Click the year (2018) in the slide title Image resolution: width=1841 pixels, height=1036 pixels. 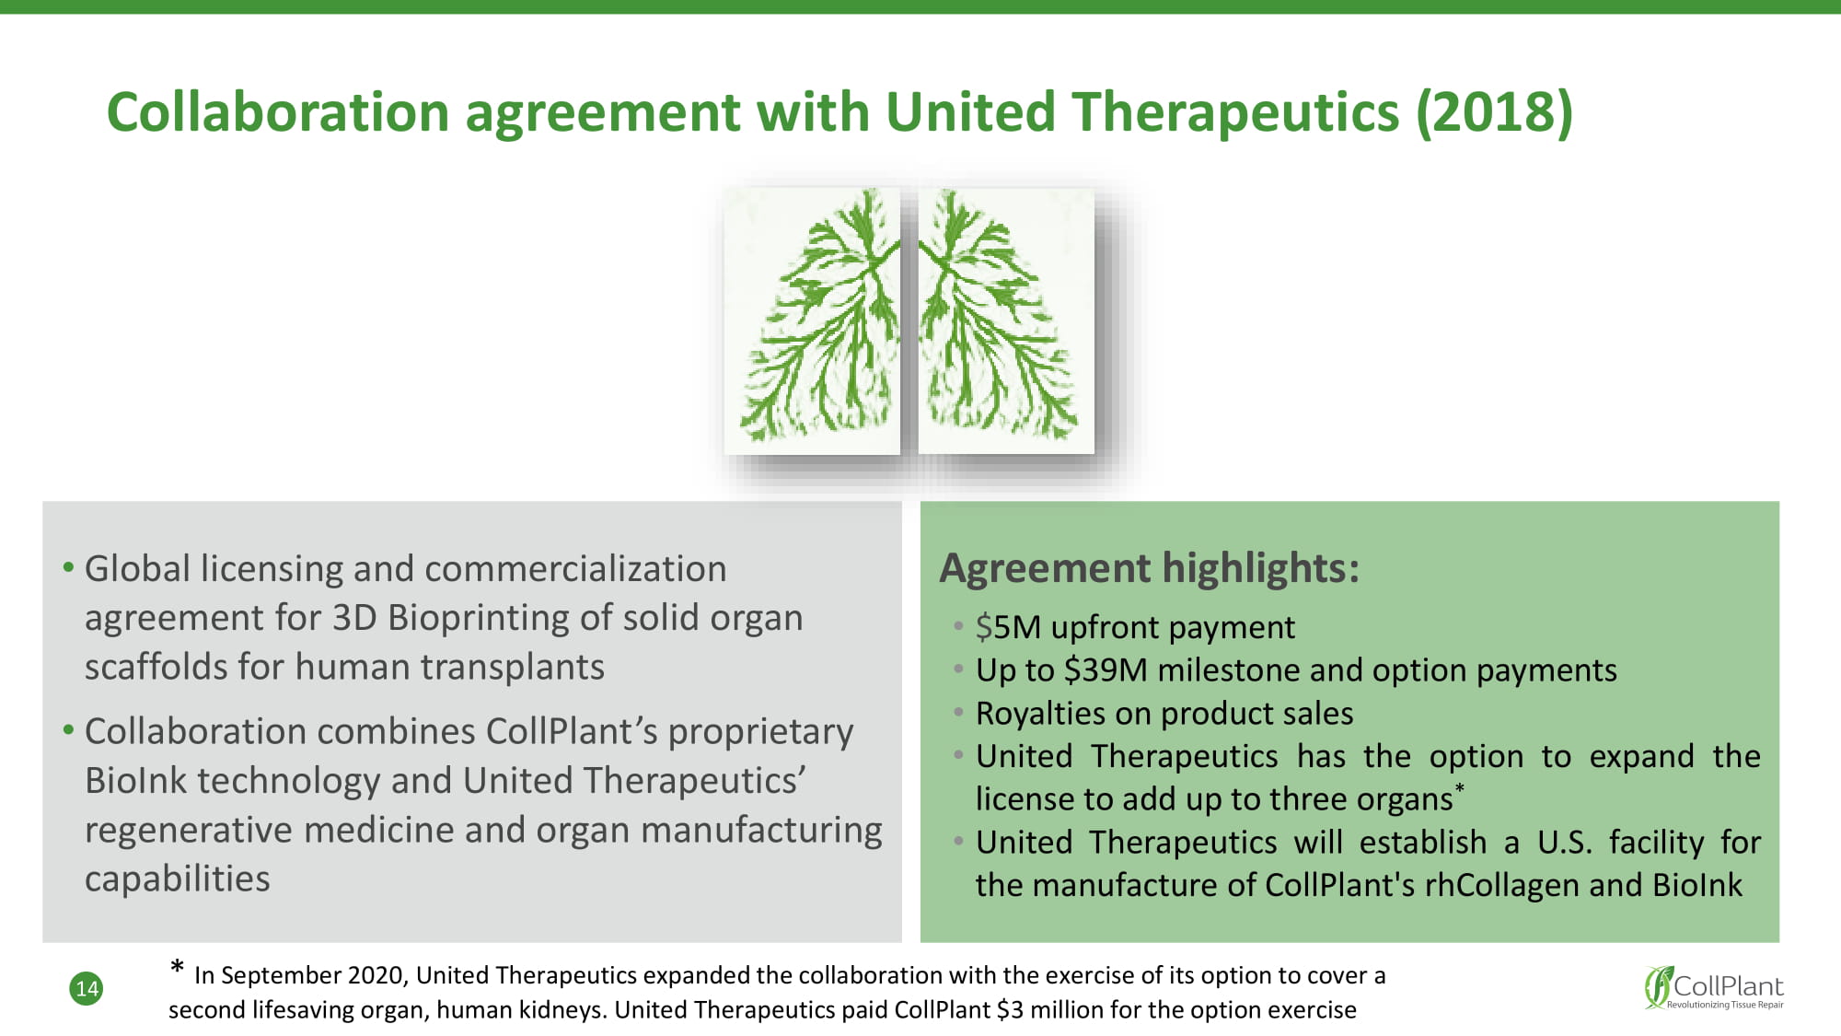click(1494, 112)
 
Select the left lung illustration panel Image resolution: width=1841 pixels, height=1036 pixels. click(812, 320)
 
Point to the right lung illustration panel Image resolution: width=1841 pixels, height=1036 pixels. click(1006, 320)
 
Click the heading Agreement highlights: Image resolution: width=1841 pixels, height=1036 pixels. click(1150, 568)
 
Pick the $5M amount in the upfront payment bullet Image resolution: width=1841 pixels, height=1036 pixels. click(1008, 627)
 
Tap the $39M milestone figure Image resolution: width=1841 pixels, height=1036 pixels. click(1106, 670)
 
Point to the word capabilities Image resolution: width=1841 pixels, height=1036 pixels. click(178, 879)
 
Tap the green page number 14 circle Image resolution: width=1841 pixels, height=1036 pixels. click(87, 989)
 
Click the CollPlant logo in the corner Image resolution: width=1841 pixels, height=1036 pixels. click(1714, 988)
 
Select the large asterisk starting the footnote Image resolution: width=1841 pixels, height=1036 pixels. click(178, 967)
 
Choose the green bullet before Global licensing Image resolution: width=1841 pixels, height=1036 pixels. click(68, 567)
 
